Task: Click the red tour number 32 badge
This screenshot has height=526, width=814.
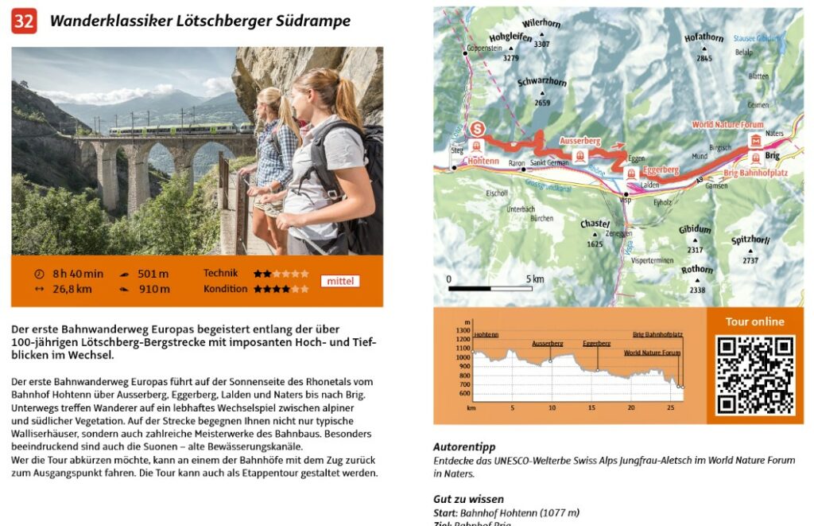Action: tap(24, 21)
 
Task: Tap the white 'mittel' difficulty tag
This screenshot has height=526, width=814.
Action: tap(340, 281)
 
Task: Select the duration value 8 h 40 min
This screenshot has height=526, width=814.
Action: tap(78, 274)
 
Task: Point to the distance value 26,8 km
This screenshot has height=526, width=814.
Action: tap(72, 289)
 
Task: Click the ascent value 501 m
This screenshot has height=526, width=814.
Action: tap(153, 274)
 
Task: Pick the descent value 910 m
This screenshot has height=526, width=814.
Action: tap(153, 289)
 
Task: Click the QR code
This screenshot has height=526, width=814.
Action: tap(754, 375)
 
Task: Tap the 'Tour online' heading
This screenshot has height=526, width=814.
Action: tap(754, 321)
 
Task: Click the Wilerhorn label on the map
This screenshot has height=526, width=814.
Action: tap(541, 24)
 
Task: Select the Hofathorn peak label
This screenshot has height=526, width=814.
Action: tap(704, 37)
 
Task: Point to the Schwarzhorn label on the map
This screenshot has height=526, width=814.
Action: tap(541, 82)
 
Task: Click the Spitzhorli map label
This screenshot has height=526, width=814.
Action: tap(750, 240)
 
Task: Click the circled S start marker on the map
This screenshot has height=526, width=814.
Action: tap(477, 128)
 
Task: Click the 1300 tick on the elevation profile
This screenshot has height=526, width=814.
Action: tap(463, 329)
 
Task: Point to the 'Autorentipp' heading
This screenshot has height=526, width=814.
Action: tap(464, 447)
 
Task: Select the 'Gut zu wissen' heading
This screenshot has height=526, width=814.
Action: tap(468, 499)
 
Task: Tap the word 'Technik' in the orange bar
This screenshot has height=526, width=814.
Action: tap(220, 273)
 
